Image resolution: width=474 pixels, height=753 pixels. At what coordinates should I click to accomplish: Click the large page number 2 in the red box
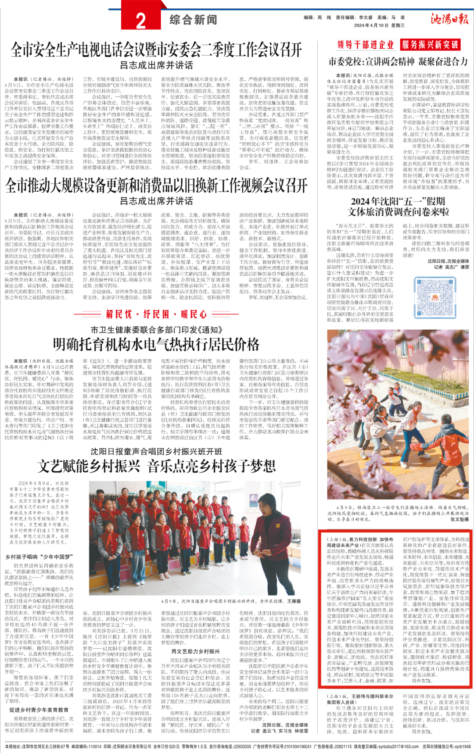pos(141,21)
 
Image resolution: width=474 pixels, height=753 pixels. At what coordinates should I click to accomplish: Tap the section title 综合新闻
pos(194,20)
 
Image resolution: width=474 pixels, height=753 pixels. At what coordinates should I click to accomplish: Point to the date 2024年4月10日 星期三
pos(379,25)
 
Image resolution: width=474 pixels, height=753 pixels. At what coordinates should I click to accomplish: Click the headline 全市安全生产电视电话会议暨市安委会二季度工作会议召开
pos(156,50)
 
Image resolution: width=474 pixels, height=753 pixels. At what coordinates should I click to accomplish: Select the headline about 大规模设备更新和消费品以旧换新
pos(156,186)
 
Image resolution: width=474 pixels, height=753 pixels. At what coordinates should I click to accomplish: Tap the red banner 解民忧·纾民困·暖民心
pos(156,314)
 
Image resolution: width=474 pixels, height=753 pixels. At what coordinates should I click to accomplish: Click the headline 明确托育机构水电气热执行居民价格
pos(156,344)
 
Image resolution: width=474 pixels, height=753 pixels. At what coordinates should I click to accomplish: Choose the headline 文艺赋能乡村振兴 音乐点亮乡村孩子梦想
pos(156,466)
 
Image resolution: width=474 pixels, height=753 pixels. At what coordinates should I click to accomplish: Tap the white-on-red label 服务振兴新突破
pos(430,45)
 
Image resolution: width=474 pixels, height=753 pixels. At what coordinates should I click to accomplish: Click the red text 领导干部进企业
pos(366,45)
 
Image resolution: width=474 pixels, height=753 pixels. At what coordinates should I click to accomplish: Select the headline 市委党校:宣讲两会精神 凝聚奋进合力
pos(398,61)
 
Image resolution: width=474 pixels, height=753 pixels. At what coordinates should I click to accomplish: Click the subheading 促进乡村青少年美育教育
pos(39,710)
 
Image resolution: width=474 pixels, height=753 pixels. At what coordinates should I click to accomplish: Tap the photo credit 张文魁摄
pos(460,519)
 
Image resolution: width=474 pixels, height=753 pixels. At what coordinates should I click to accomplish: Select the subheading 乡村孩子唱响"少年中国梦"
pos(39,557)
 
